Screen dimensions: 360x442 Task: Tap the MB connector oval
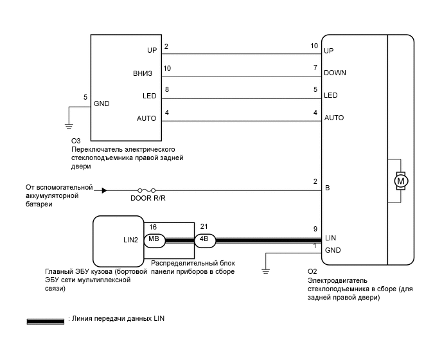pos(154,239)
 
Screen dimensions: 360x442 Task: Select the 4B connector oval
pos(204,240)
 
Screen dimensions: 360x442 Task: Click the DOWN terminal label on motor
pos(335,73)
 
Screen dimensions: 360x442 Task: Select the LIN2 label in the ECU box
pos(130,239)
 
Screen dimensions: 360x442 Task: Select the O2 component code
pos(313,271)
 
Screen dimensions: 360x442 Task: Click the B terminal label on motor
pos(328,189)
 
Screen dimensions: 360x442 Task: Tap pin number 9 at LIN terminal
pos(314,229)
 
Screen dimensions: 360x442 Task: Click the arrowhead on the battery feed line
pos(103,190)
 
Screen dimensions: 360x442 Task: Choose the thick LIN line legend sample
pos(44,319)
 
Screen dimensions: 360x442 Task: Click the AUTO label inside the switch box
pos(146,118)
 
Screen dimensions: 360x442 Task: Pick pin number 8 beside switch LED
pos(167,89)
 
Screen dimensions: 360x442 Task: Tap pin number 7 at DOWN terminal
pos(315,67)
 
